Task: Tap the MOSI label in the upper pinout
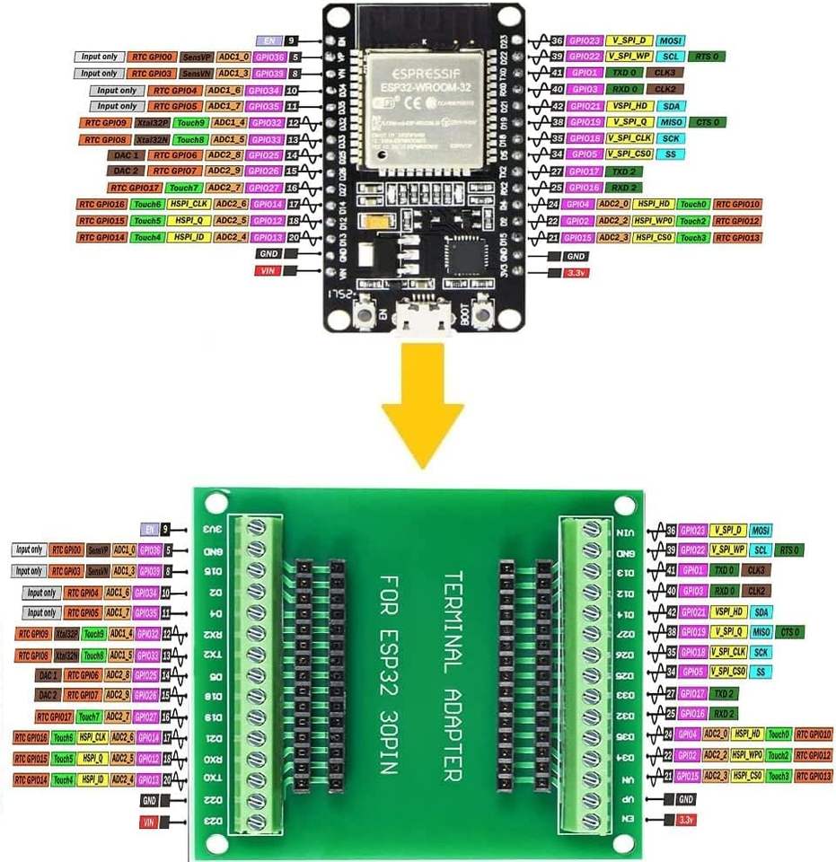[670, 40]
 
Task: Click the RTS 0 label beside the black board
[708, 57]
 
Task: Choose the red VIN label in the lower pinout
[148, 822]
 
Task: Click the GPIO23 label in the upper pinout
[584, 40]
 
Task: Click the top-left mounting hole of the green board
[216, 504]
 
